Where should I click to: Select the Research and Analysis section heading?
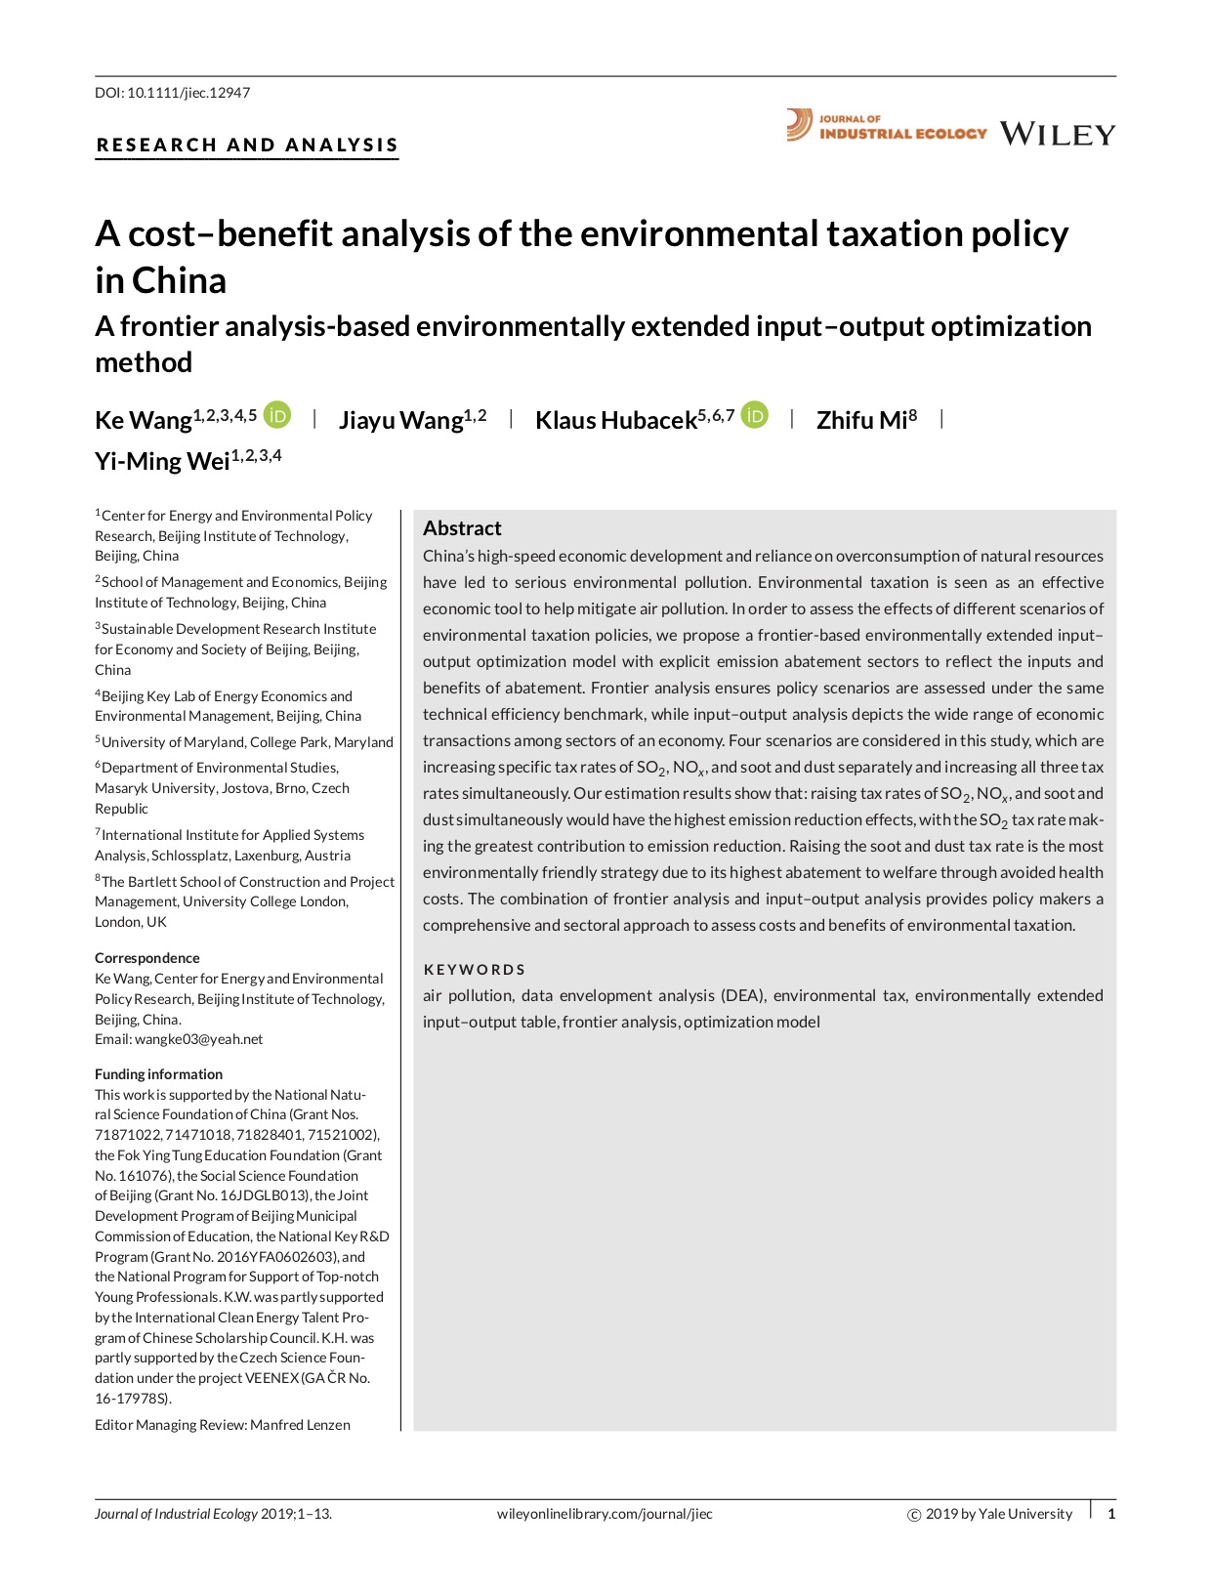(247, 146)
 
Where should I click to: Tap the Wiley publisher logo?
(1057, 134)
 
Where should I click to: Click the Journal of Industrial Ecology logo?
(887, 126)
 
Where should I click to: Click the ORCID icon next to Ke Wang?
(277, 416)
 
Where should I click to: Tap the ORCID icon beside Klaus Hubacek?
(755, 416)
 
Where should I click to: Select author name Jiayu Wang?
(400, 420)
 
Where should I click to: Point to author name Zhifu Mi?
(861, 420)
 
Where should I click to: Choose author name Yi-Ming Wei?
(162, 461)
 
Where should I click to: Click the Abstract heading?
(462, 528)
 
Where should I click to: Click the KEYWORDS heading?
(475, 970)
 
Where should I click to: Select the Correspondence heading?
(147, 958)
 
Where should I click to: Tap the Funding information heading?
(158, 1074)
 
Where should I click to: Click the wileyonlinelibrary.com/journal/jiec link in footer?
(605, 1514)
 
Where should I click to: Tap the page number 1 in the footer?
(1111, 1514)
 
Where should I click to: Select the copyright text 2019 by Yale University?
(998, 1514)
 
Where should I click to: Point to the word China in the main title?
(180, 281)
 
